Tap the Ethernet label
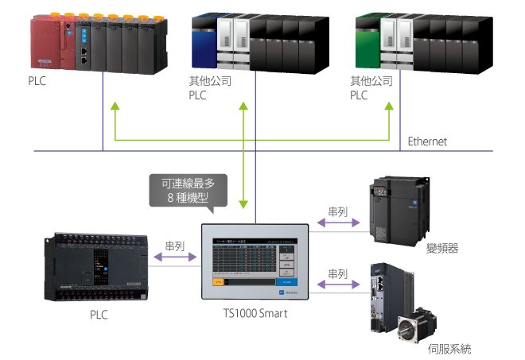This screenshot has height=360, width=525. point(427,141)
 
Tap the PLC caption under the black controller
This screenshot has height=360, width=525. point(99,315)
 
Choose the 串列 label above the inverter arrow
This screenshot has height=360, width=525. point(338,212)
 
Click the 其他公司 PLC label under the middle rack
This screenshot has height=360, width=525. point(209,87)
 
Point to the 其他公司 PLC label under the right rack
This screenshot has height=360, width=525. point(371,87)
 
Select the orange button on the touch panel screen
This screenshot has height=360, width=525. point(218,281)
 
